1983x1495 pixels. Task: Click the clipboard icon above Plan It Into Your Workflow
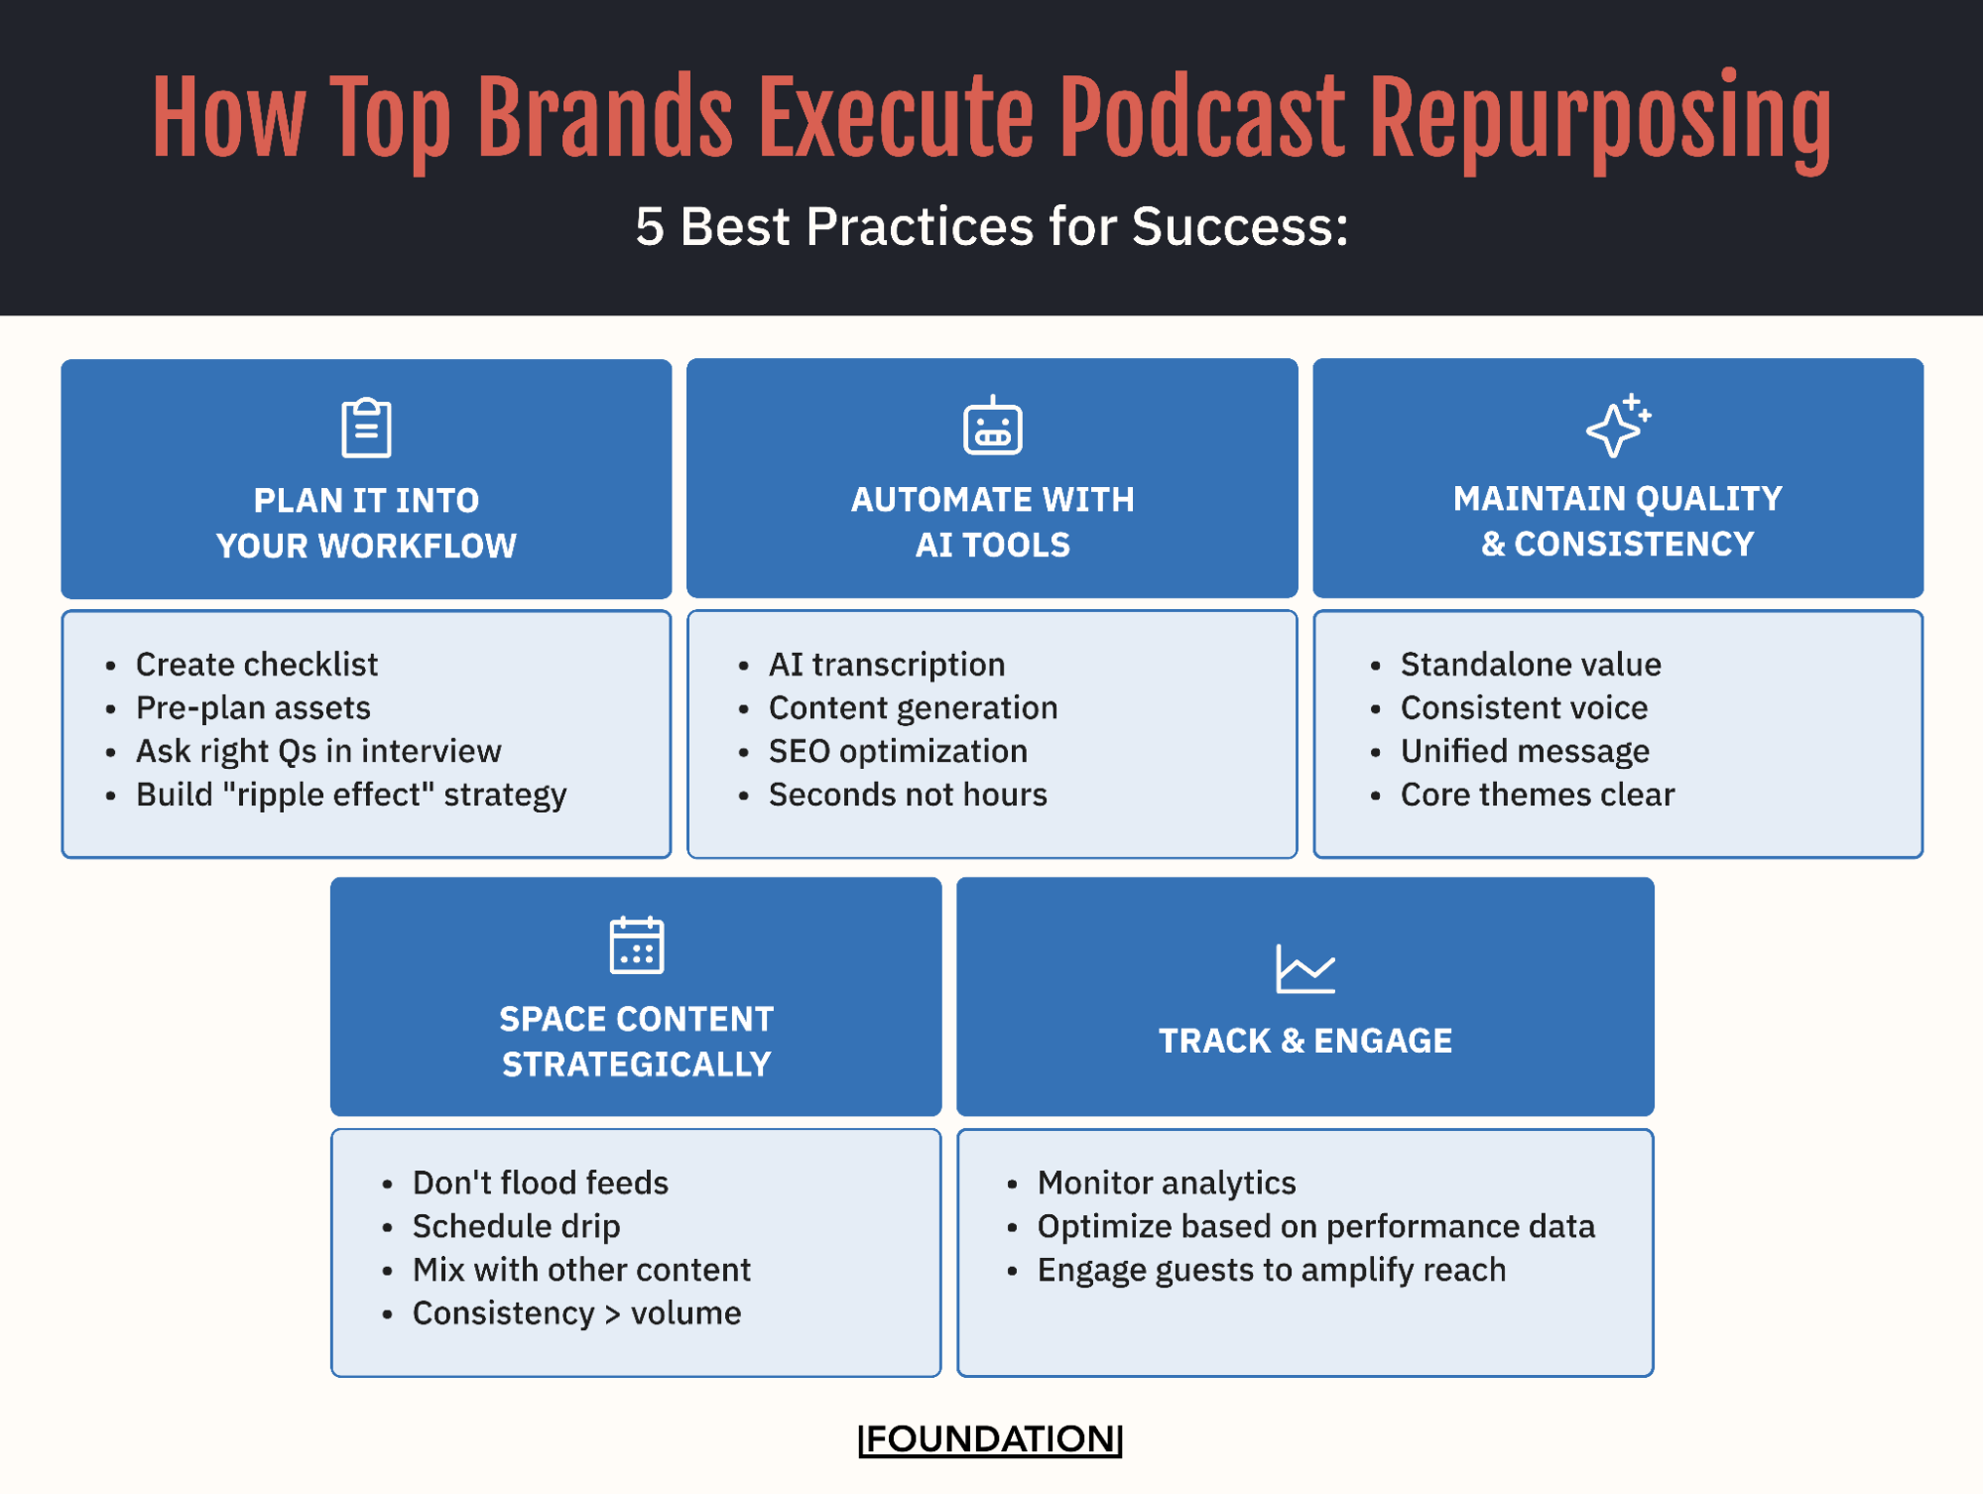click(x=366, y=428)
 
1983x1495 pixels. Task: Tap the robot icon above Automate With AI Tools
click(x=992, y=428)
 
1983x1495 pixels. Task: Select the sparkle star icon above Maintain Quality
click(x=1617, y=427)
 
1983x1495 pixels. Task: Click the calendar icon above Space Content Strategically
click(x=636, y=945)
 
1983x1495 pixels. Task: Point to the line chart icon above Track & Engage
click(x=1304, y=969)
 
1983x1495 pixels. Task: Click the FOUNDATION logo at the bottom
click(x=990, y=1438)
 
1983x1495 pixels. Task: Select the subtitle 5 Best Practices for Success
click(x=992, y=226)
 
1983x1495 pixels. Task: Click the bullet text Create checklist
click(x=257, y=664)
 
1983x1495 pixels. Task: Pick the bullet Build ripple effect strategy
click(x=351, y=795)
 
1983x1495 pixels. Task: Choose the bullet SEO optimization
click(x=898, y=751)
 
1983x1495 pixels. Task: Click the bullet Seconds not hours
click(x=908, y=795)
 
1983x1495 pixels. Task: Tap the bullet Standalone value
click(x=1531, y=664)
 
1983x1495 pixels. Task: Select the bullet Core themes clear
click(x=1538, y=795)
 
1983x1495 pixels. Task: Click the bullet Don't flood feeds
click(x=541, y=1183)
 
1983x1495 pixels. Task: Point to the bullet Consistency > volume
click(x=576, y=1312)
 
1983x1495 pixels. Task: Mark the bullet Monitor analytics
click(x=1167, y=1183)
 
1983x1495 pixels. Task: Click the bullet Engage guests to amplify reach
click(x=1272, y=1270)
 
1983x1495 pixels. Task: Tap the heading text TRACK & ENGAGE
click(x=1304, y=1041)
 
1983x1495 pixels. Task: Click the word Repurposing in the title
click(x=1599, y=119)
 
